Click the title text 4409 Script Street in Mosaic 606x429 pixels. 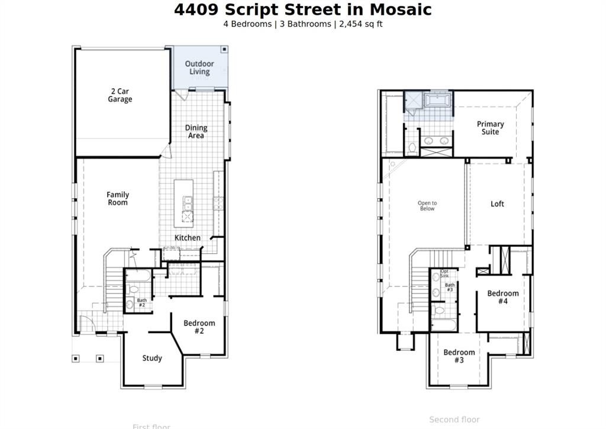(x=302, y=10)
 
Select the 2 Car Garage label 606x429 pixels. (x=120, y=95)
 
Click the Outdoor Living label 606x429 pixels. (x=199, y=67)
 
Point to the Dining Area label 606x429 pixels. (x=196, y=131)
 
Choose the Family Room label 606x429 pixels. (x=118, y=198)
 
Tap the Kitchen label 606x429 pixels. (x=187, y=238)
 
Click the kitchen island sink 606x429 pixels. (x=188, y=203)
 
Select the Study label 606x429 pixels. (x=152, y=358)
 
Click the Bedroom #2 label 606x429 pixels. (x=199, y=327)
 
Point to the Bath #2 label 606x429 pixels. (x=142, y=302)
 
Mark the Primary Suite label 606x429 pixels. (x=491, y=128)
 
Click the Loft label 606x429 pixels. (x=498, y=204)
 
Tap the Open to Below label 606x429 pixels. (x=427, y=206)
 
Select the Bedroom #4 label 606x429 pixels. (x=503, y=297)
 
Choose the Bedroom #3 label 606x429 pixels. (x=459, y=356)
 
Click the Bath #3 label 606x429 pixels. (x=450, y=288)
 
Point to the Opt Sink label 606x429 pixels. (x=444, y=273)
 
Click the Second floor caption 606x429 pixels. (x=454, y=420)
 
